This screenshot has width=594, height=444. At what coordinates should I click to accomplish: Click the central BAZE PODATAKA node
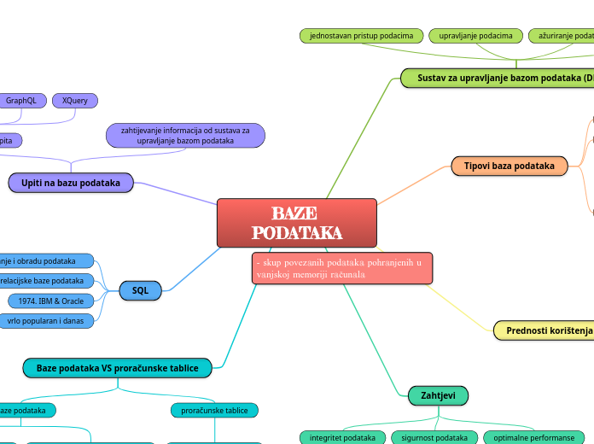tap(296, 222)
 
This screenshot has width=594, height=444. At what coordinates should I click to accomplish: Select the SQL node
tap(140, 291)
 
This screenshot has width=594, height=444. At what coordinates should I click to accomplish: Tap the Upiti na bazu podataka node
tap(71, 183)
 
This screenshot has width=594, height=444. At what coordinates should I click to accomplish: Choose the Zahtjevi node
tap(433, 395)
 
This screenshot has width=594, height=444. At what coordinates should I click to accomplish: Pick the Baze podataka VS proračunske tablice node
tap(117, 368)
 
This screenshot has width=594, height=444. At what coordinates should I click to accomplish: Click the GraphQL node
tap(21, 101)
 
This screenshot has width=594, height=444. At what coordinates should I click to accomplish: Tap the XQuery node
tap(75, 101)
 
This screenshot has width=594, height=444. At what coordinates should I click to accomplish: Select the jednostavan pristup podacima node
tap(361, 36)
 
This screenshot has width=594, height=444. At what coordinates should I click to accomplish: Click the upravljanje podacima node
tap(475, 36)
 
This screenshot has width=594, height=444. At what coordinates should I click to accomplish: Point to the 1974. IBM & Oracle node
tap(51, 301)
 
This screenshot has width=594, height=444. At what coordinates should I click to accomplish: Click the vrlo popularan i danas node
tap(47, 321)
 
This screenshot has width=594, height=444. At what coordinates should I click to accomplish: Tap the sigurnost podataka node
tap(434, 438)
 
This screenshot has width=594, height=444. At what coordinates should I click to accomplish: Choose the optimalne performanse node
tap(534, 438)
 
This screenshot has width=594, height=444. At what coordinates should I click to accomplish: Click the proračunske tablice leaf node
tap(214, 411)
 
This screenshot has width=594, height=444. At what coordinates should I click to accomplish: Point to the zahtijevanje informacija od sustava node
tap(185, 135)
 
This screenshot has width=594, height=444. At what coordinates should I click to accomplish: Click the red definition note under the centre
tap(342, 268)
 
